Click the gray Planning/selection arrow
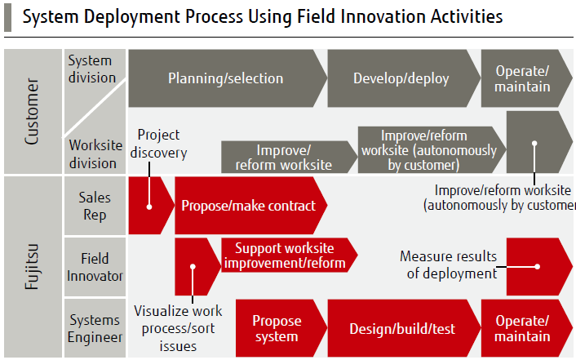click(225, 78)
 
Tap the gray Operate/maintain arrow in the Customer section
click(523, 78)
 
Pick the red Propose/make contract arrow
click(248, 206)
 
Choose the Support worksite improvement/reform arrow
click(286, 256)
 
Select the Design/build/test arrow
click(401, 328)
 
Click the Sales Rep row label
click(95, 205)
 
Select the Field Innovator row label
click(95, 264)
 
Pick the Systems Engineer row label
click(95, 328)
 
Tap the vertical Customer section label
click(32, 111)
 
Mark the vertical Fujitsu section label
click(32, 266)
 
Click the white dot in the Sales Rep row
click(150, 207)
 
